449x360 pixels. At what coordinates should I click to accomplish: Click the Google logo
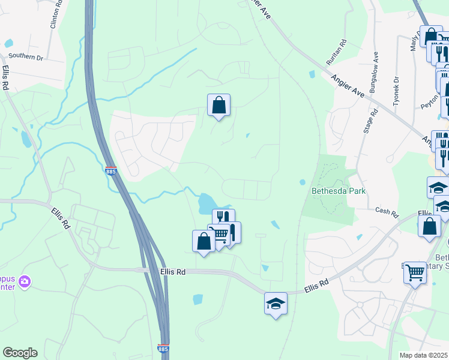20,353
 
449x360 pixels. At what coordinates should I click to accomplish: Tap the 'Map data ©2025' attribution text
424,355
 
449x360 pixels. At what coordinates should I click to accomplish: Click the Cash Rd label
387,212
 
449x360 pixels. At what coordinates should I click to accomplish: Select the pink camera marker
25,281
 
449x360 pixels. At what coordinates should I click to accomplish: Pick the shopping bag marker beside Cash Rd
430,227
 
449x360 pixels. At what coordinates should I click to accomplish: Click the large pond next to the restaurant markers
205,203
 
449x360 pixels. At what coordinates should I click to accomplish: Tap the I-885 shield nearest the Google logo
163,348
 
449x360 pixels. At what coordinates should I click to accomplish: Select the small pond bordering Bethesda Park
302,182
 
